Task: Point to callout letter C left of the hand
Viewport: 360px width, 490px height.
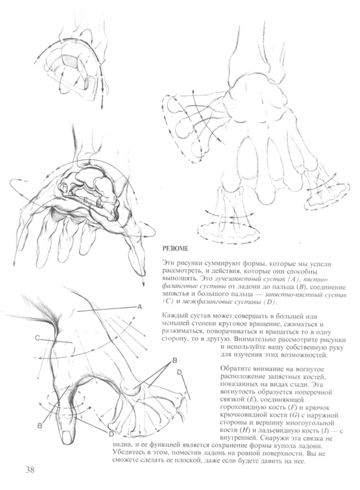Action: (39, 338)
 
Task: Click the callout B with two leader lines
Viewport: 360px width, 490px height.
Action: (174, 361)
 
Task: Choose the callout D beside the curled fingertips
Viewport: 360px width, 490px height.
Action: (179, 372)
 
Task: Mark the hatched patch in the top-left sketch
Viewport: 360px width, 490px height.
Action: (71, 65)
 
